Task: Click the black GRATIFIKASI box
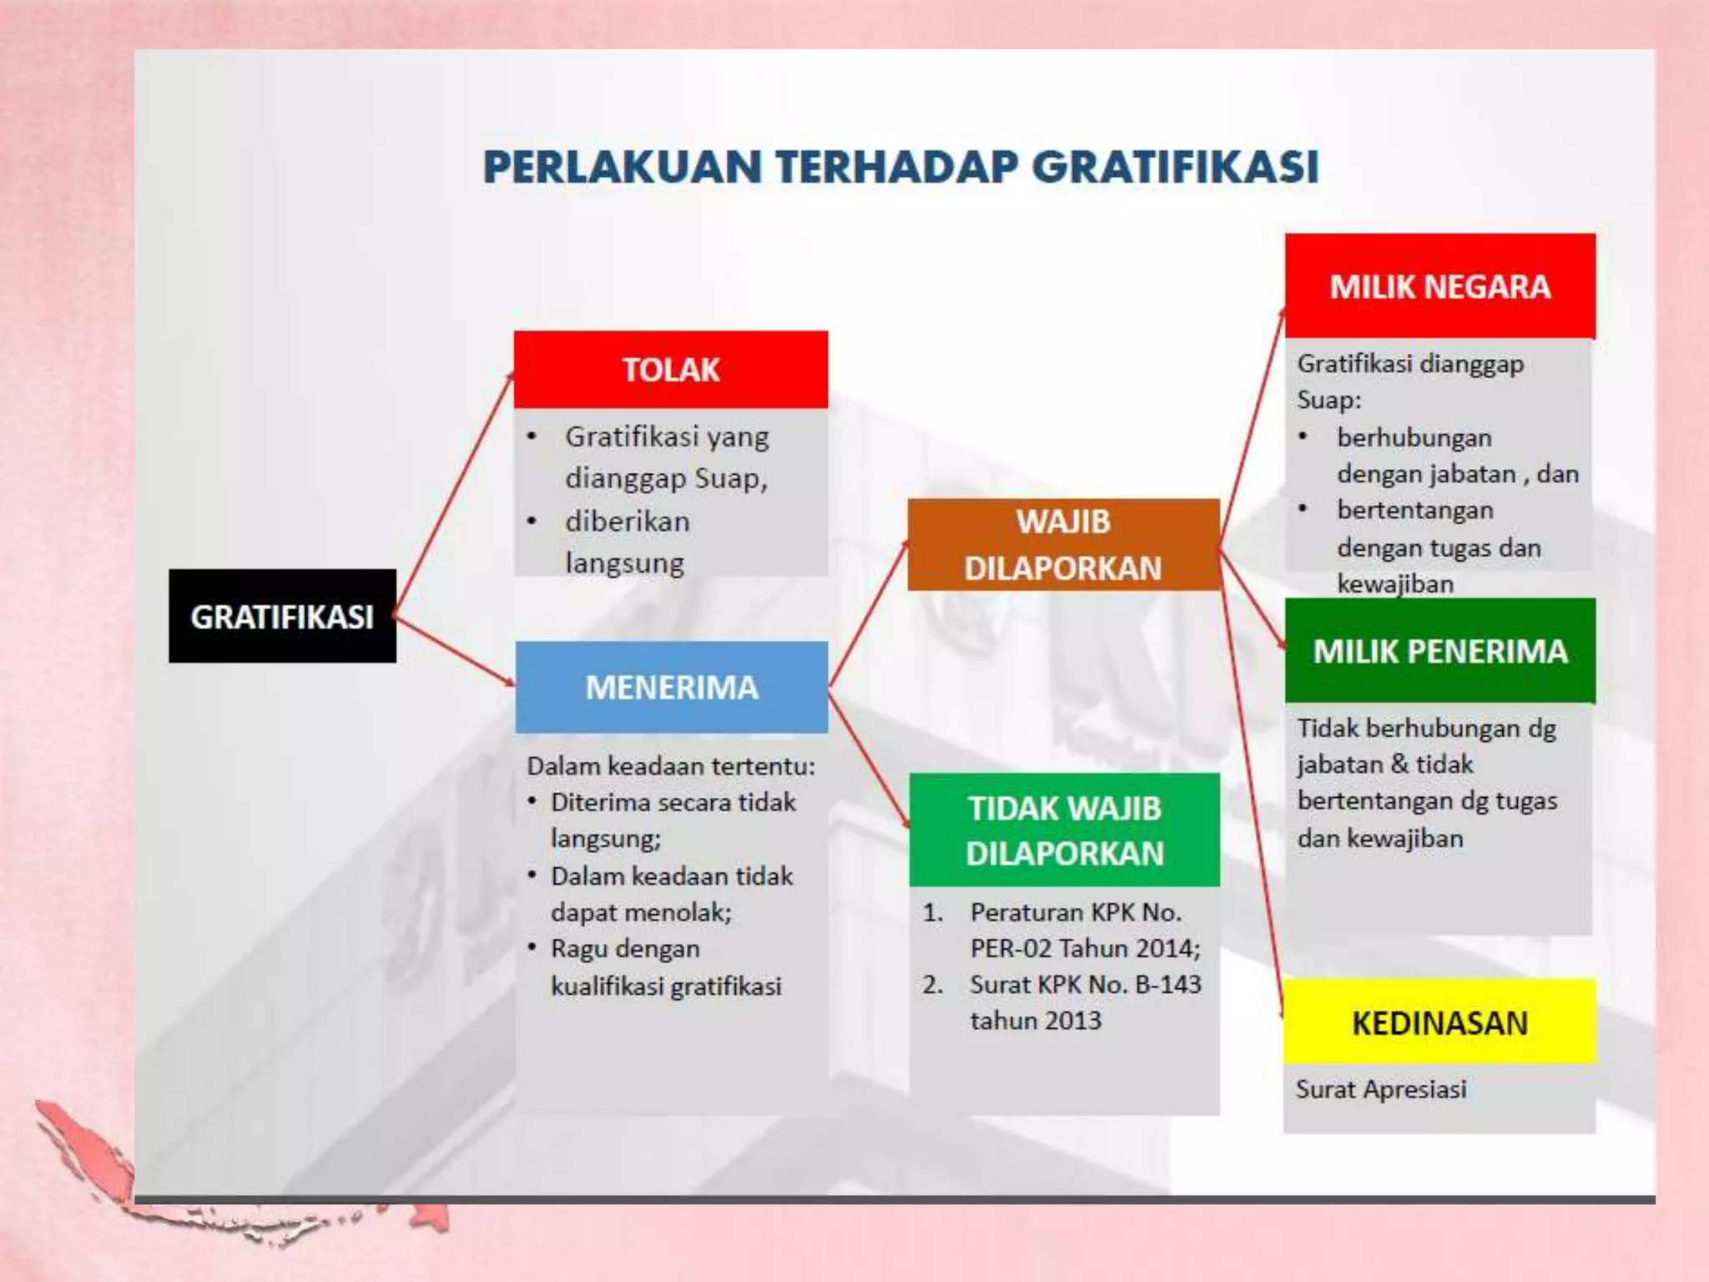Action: [282, 616]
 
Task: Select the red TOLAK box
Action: [671, 369]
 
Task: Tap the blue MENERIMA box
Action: [672, 687]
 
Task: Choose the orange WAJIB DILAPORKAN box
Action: [1063, 544]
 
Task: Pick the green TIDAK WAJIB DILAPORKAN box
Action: [1064, 830]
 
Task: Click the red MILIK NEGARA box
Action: [1439, 286]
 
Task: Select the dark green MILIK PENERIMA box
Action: [1439, 651]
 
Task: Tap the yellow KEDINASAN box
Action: [1439, 1022]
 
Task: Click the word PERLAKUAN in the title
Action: [623, 167]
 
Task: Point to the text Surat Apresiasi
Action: [1381, 1089]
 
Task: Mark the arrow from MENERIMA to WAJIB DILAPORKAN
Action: [868, 613]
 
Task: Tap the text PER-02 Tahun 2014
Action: [1085, 948]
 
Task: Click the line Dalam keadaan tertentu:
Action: [671, 766]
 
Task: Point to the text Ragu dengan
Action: [625, 949]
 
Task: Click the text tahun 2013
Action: [1036, 1021]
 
